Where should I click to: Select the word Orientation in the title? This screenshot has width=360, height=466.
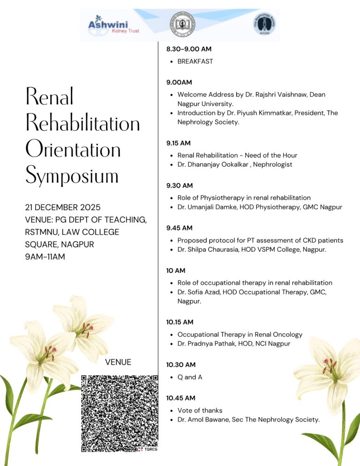tap(73, 150)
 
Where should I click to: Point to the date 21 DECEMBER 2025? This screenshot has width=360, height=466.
tap(63, 207)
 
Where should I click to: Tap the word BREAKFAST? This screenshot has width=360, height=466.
tap(195, 61)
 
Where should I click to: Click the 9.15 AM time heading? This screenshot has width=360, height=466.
tap(178, 143)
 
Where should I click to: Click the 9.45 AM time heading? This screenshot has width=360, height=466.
tap(179, 228)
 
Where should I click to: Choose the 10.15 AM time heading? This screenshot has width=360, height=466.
tap(180, 322)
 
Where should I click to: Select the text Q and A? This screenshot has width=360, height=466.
tap(190, 377)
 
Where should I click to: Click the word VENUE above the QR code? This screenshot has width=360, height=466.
tap(118, 362)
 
